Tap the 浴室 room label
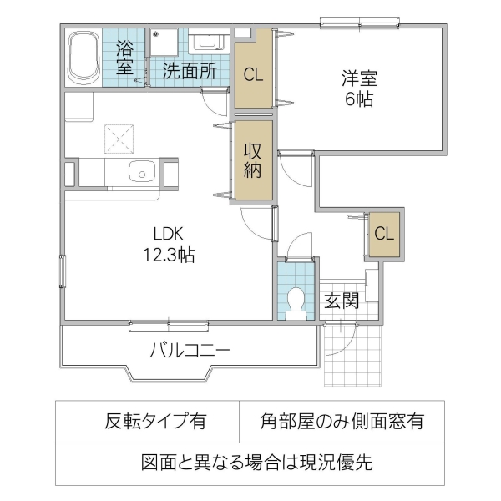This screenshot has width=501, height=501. tap(125, 56)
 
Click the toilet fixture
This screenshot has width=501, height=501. tap(295, 301)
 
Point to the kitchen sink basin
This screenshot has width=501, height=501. tap(143, 174)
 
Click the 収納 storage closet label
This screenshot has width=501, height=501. tap(253, 160)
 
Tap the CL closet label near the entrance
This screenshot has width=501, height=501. tap(383, 234)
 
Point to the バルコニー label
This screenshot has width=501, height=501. tap(189, 350)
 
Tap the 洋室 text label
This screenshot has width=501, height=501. tap(358, 79)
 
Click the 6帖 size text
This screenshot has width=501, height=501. tap(358, 101)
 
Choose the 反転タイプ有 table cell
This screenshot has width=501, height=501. tap(154, 422)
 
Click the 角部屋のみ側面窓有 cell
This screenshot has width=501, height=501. tap(342, 422)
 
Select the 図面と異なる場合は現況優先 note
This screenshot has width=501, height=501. tap(250, 462)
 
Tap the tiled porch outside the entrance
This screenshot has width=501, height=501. tap(352, 355)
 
